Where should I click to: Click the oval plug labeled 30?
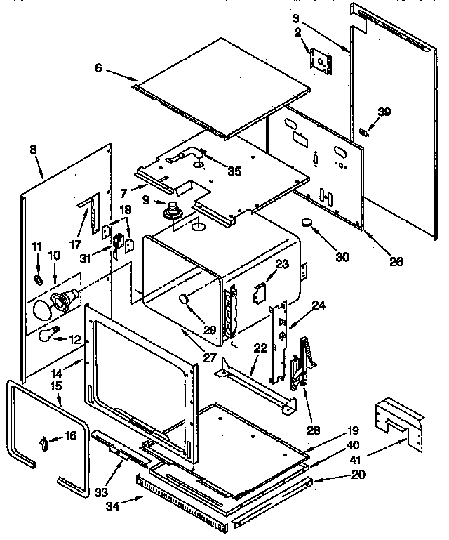click(x=308, y=223)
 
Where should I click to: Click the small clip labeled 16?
click(x=44, y=442)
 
